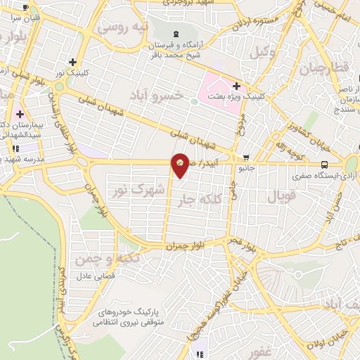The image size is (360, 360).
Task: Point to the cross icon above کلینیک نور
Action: (73, 61)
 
